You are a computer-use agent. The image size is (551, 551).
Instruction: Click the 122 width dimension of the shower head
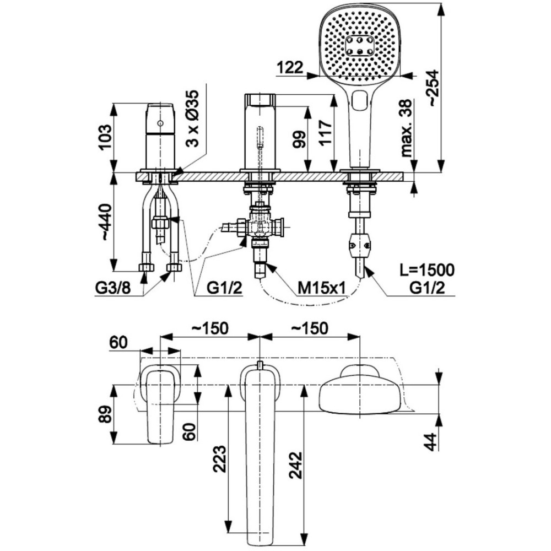[x=290, y=67]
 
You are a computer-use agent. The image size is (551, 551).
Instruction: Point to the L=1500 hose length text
[x=427, y=271]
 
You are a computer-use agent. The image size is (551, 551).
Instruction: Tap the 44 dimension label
[x=431, y=441]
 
